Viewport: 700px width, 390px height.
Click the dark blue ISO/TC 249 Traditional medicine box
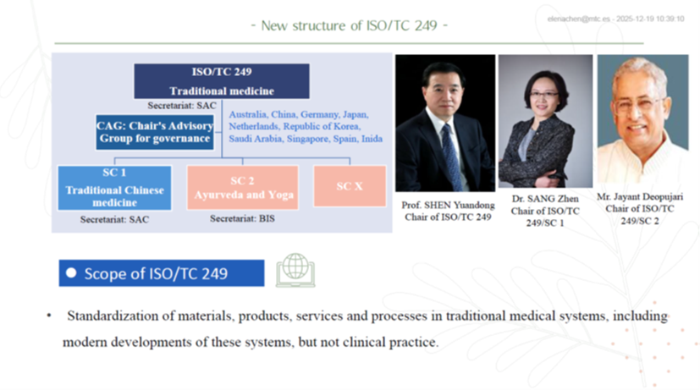tap(222, 81)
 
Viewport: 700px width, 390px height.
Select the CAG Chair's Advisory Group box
tap(155, 132)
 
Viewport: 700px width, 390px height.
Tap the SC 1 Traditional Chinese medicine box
tap(114, 188)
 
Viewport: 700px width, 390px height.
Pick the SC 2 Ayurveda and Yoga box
tap(243, 188)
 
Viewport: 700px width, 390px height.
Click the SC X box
tap(350, 186)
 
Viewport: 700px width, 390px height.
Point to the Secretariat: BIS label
tap(242, 218)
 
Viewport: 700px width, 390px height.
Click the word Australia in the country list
tap(247, 115)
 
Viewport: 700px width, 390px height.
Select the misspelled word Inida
tap(372, 139)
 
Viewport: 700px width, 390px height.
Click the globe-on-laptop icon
tap(295, 270)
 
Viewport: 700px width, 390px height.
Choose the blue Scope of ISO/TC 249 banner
tap(162, 273)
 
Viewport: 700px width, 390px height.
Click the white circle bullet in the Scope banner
tap(71, 272)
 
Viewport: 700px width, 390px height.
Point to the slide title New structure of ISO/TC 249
tap(349, 25)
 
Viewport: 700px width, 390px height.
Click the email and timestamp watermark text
tap(615, 19)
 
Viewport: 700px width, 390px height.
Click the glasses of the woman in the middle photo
tap(543, 95)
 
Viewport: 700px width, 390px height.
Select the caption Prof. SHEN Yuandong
tap(448, 206)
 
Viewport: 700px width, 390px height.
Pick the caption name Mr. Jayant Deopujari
tap(640, 197)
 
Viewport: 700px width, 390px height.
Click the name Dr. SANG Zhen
tap(545, 199)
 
